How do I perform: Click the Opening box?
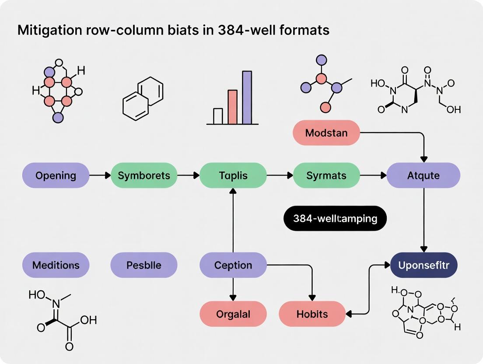(x=56, y=175)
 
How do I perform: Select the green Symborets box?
(x=143, y=175)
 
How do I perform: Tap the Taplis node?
(x=233, y=175)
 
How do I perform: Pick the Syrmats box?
(x=326, y=175)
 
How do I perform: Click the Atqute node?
(x=423, y=175)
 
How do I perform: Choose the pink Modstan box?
(x=326, y=133)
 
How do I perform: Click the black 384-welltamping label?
(x=335, y=218)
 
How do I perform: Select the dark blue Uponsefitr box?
(x=423, y=265)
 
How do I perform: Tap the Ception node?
(x=233, y=265)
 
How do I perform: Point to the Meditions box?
(x=56, y=265)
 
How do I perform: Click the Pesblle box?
(x=143, y=265)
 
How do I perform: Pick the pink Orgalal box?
(x=233, y=314)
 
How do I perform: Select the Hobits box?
(x=312, y=314)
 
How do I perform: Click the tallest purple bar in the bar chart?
(x=247, y=98)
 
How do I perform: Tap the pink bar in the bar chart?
(x=232, y=107)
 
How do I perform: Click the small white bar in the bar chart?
(x=218, y=116)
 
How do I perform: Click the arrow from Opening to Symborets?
(x=100, y=175)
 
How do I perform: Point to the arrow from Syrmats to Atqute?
(x=373, y=175)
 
